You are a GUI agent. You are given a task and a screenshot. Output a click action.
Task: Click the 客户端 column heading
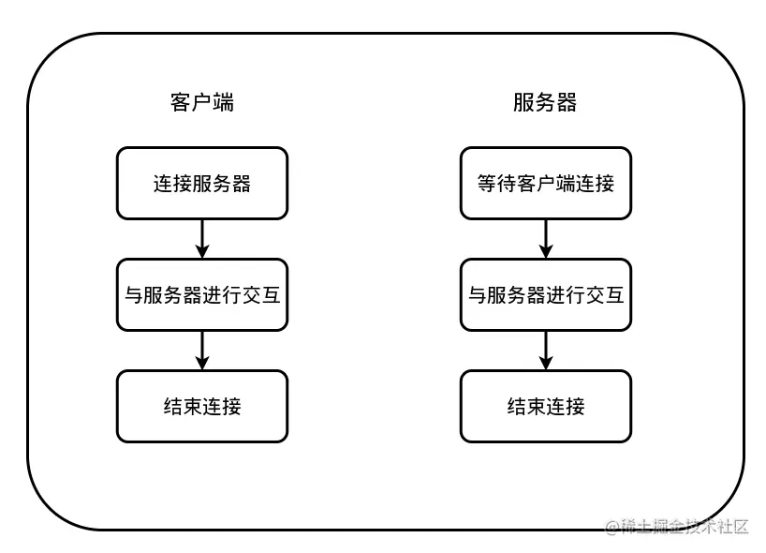coord(201,102)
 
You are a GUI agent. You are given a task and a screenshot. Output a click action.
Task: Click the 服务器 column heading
coord(545,102)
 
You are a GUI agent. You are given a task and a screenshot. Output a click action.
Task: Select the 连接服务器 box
coord(201,184)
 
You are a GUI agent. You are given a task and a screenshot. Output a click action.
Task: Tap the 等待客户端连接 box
coord(545,184)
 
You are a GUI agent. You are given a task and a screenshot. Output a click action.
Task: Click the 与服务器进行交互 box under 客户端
coord(201,295)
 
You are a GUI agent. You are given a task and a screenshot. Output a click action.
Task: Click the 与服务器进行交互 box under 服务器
coord(545,295)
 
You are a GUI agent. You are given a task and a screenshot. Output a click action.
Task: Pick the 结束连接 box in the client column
coord(201,406)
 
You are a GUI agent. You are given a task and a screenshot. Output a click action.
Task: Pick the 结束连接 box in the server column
coord(545,406)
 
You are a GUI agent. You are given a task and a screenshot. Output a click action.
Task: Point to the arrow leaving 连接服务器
coord(201,239)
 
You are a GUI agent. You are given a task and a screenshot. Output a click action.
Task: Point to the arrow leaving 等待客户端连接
coord(546,239)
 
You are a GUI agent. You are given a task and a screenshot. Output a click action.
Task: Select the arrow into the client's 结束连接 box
coord(201,351)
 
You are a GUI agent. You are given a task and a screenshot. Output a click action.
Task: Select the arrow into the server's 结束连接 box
coord(546,351)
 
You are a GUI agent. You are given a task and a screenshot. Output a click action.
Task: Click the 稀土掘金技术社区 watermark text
coord(686,527)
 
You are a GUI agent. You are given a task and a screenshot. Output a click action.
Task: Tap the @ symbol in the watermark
coord(613,527)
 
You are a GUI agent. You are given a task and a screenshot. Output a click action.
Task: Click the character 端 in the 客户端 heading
coord(223,102)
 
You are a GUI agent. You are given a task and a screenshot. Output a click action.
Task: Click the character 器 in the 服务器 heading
coord(567,102)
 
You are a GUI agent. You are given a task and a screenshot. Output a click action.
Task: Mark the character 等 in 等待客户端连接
coord(487,184)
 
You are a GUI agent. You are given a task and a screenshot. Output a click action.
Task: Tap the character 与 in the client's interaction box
coord(134,295)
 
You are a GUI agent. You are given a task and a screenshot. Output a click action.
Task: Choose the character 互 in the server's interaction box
coord(613,295)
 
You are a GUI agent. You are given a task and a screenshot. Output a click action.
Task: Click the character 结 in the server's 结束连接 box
coord(516,406)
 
